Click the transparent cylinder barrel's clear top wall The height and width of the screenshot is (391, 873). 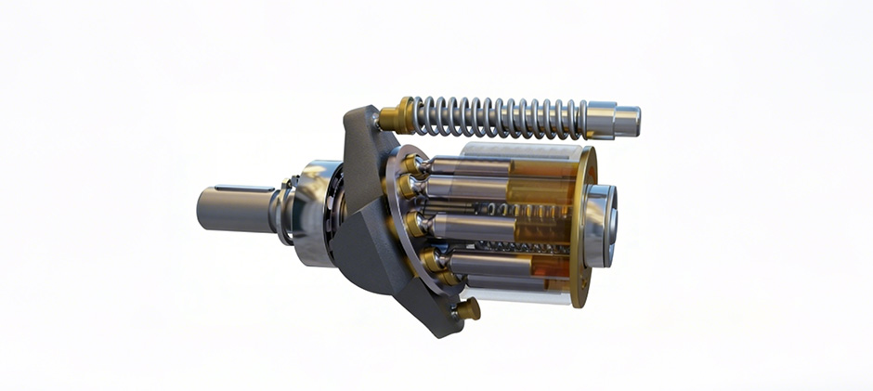(520, 150)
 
